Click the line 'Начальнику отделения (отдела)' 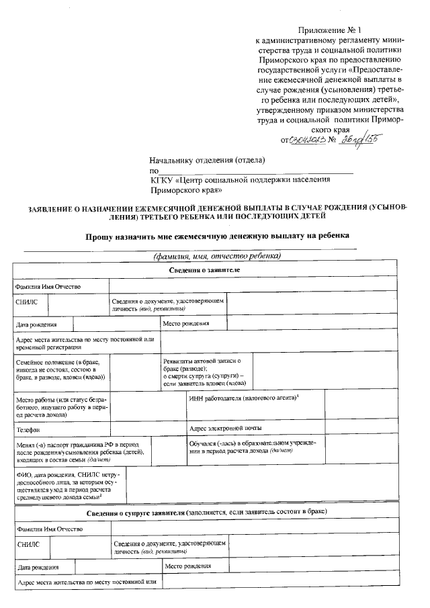click(207, 160)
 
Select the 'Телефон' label click(28, 429)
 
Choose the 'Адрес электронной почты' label click(226, 428)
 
